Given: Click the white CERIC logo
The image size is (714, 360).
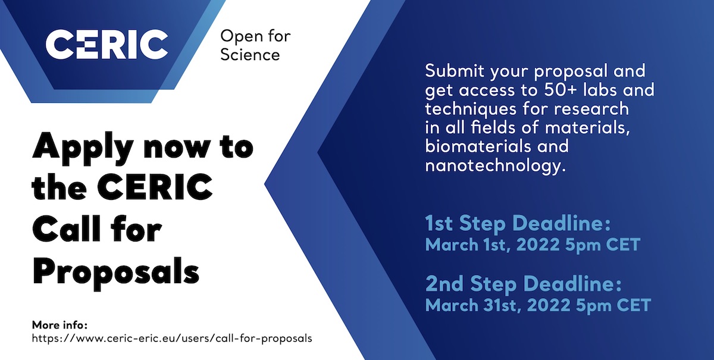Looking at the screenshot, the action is tap(107, 44).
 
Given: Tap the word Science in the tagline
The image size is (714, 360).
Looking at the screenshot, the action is tap(250, 55).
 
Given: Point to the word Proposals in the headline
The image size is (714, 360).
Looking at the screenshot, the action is tap(115, 272).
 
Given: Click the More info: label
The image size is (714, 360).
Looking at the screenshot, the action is tap(59, 325).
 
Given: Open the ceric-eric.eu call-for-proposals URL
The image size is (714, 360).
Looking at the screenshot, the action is tap(172, 339).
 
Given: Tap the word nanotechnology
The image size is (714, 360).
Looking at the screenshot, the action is tap(495, 166).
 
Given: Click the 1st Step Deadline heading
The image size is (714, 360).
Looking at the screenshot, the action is tap(518, 223).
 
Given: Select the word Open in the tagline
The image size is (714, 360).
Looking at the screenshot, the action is tap(238, 36).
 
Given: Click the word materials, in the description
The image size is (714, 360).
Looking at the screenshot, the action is tap(587, 128).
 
